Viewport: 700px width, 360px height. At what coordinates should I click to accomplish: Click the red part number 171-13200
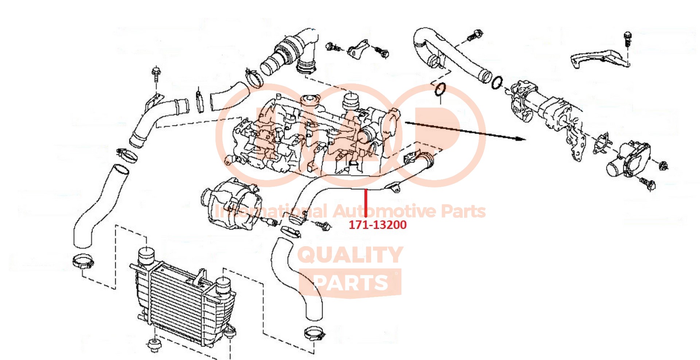pos(377,225)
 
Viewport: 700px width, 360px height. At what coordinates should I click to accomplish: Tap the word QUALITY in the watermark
pos(350,255)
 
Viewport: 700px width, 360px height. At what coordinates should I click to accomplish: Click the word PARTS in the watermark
pos(350,283)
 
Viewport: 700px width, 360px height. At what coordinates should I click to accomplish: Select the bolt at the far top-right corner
pos(627,39)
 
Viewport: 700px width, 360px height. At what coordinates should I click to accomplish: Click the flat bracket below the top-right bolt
pos(598,58)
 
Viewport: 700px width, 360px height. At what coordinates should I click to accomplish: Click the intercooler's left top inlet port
pos(147,255)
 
